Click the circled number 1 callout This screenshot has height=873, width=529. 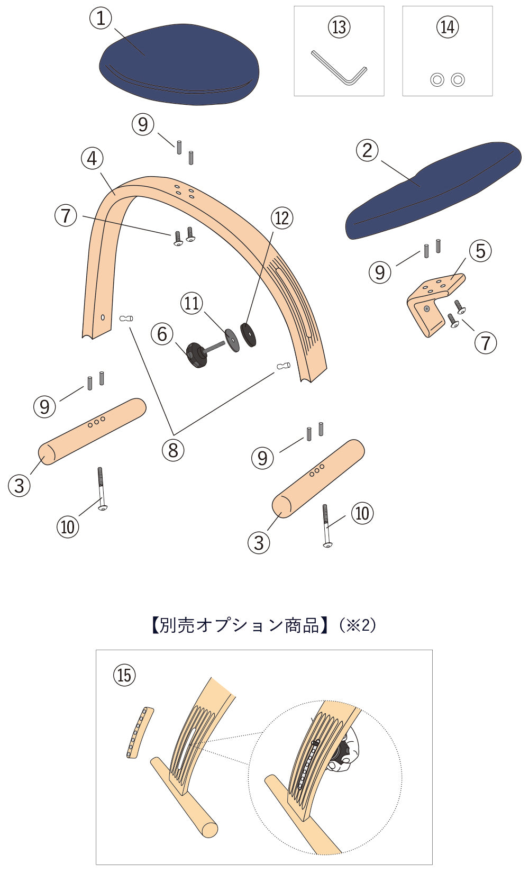(x=101, y=19)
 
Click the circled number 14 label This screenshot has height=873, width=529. (x=448, y=26)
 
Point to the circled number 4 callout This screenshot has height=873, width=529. (x=93, y=158)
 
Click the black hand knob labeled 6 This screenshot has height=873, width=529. (x=196, y=354)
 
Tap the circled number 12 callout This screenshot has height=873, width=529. (x=282, y=218)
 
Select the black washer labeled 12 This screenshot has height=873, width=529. (x=248, y=334)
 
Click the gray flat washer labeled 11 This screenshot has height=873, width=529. (x=232, y=339)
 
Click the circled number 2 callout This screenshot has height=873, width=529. (x=368, y=151)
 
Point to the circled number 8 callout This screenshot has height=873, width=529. (x=173, y=450)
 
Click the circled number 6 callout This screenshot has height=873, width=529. (x=162, y=334)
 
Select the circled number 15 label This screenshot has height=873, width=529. (x=124, y=675)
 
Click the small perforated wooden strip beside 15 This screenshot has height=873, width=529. (x=140, y=732)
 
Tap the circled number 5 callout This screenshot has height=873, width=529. (x=480, y=251)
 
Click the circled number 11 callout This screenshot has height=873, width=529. (x=191, y=303)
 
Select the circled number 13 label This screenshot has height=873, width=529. (x=339, y=26)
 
